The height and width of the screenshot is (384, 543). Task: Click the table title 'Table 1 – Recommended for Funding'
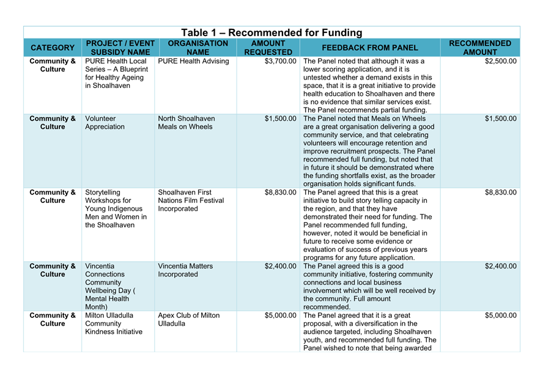point(271,32)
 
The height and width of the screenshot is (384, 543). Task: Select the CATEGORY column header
point(53,48)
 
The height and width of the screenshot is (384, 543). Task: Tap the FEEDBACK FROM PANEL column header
point(369,48)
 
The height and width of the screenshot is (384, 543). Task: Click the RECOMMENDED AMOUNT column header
point(480,48)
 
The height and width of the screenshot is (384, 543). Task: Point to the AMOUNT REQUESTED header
point(268,48)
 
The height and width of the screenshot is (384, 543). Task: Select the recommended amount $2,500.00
point(500,62)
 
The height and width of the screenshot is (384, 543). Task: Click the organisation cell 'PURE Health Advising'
point(193,62)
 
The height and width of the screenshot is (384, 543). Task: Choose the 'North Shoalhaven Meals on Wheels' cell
point(187,123)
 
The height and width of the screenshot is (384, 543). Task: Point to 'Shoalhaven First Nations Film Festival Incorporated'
point(191,201)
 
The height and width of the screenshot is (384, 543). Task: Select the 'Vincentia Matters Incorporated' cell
point(185,270)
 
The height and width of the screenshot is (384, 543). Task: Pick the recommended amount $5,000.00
point(500,316)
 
